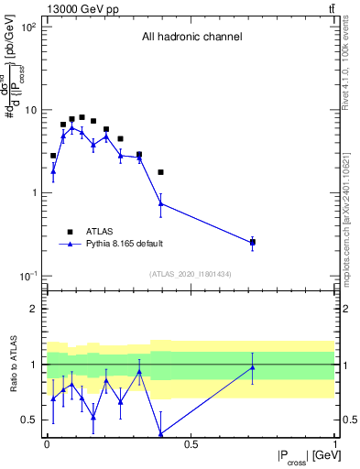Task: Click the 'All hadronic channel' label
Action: click(x=191, y=38)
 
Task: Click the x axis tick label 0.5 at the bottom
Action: click(x=191, y=445)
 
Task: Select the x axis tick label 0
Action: click(x=47, y=445)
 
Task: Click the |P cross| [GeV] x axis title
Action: click(x=299, y=456)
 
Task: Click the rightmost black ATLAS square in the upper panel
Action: click(x=253, y=242)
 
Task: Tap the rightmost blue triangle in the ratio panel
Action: click(x=253, y=367)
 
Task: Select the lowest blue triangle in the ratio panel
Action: click(x=161, y=433)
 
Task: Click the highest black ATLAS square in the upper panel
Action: click(x=82, y=117)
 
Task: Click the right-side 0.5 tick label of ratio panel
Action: click(x=347, y=420)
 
